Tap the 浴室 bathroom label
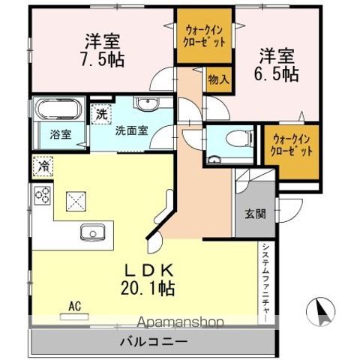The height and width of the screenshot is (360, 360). [61, 135]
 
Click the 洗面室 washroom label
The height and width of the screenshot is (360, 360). [131, 129]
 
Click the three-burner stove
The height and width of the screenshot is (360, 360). [42, 196]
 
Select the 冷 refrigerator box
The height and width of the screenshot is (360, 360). [43, 166]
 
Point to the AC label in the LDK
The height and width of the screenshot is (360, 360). [74, 305]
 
